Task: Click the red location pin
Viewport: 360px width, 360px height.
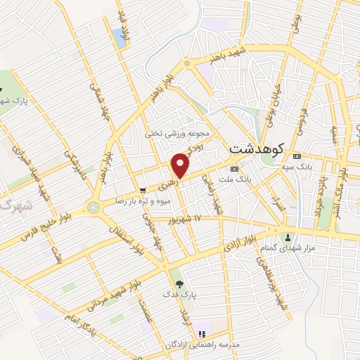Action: tap(181, 165)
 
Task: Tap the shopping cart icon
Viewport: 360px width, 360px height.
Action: tap(143, 190)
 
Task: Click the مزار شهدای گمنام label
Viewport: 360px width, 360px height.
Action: tap(293, 247)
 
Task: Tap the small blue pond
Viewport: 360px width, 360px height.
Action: tap(119, 37)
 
